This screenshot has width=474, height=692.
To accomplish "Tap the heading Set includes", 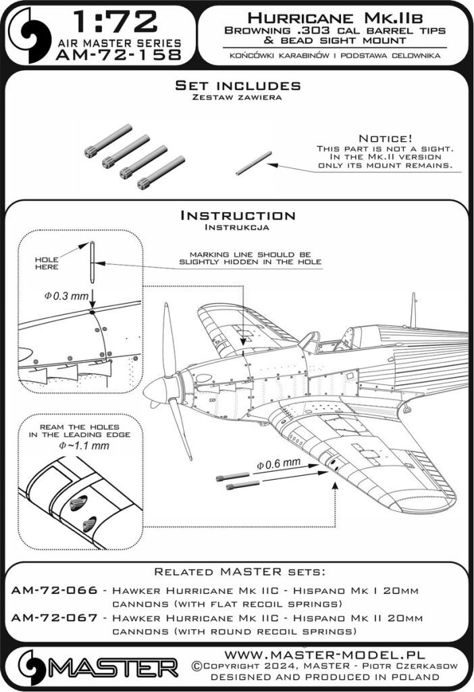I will point(237,86).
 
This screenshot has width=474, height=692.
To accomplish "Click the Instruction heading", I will point(237,216).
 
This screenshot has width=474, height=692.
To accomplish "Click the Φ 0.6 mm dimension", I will point(278,464).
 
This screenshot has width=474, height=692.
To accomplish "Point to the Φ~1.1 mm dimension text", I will point(70,447).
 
